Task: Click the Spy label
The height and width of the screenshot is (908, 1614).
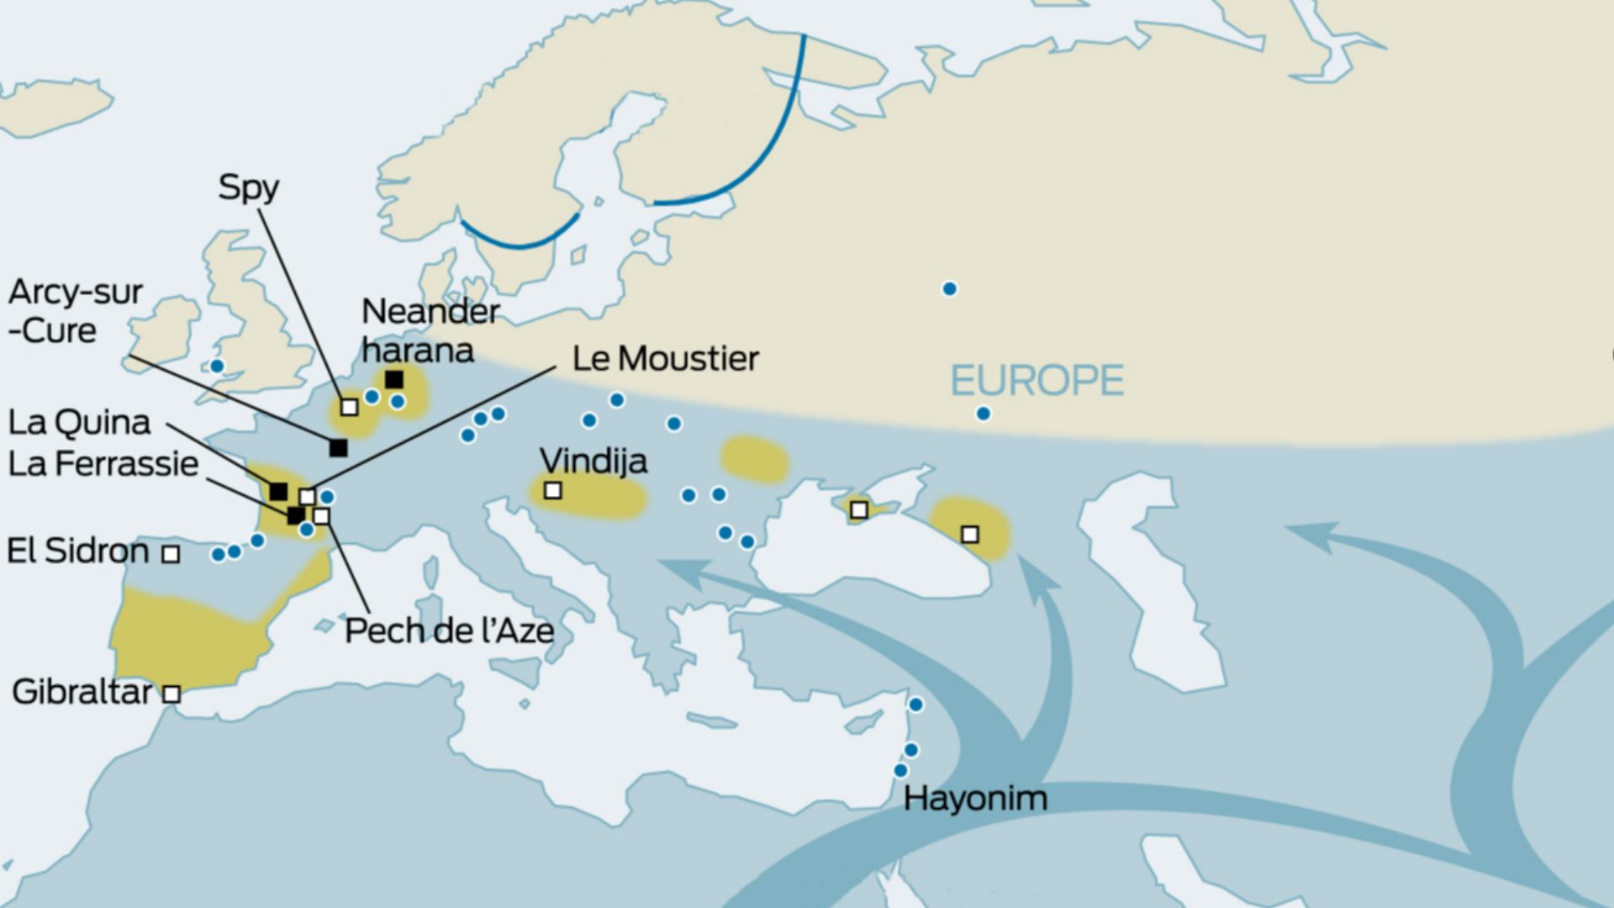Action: (248, 187)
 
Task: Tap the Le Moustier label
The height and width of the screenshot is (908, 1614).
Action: (665, 359)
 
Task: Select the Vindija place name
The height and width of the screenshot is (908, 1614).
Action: (593, 461)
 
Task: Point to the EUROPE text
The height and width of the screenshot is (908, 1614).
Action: (1036, 381)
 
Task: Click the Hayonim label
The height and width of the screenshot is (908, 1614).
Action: (975, 798)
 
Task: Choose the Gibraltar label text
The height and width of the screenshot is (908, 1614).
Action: (82, 692)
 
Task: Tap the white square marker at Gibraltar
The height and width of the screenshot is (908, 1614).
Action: (171, 694)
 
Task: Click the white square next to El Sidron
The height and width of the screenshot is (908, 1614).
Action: (171, 553)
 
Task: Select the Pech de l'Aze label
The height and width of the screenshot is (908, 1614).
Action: (449, 631)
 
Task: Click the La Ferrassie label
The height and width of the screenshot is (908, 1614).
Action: (103, 464)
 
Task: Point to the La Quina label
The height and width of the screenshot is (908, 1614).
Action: (79, 422)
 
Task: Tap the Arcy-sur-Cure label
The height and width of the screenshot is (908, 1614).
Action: (76, 311)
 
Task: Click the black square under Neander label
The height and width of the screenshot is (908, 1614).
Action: (393, 379)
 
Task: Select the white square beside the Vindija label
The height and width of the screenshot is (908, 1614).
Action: (552, 489)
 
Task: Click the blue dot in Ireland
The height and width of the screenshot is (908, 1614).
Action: (217, 366)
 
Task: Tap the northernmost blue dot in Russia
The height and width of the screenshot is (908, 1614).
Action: (949, 289)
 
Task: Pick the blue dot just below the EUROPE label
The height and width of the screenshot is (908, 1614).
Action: (983, 414)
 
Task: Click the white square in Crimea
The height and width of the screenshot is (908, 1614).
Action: (858, 509)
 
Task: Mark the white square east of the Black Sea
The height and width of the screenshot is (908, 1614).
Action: (969, 534)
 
